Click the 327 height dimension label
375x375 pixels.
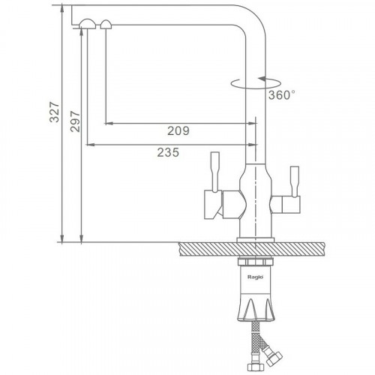[54, 112]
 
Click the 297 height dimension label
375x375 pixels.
[75, 121]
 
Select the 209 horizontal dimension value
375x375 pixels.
[178, 130]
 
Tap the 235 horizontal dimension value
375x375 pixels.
[168, 152]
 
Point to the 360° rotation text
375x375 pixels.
[282, 95]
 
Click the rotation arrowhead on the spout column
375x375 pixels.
[262, 79]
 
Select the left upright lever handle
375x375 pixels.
[215, 172]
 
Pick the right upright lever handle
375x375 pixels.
[294, 181]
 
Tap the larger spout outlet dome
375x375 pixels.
[87, 24]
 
